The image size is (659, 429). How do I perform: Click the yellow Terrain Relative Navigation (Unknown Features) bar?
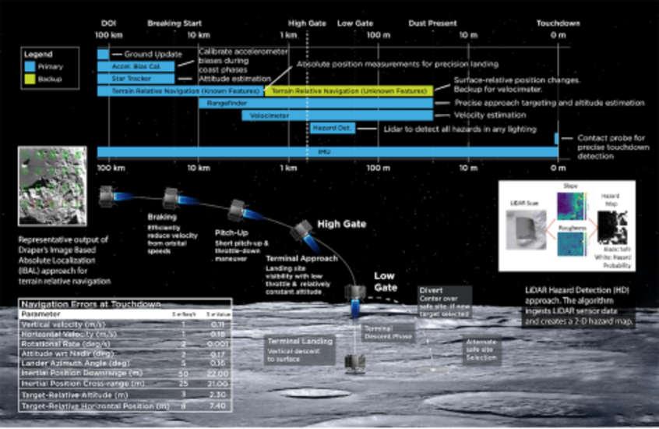coord(350,91)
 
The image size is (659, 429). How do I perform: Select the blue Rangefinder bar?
coord(315,103)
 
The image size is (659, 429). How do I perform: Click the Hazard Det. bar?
coord(332,128)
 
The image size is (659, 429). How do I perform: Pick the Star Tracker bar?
coord(136,79)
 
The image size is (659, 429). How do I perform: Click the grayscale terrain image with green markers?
coord(52,186)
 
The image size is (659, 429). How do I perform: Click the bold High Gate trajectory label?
coord(341,224)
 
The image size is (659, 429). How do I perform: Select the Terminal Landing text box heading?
coord(300,341)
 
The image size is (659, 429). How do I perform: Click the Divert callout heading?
coord(430,290)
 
